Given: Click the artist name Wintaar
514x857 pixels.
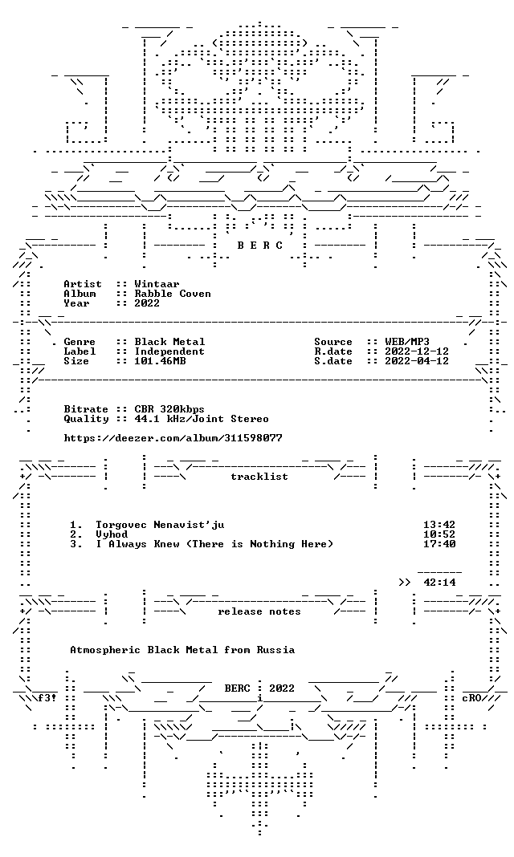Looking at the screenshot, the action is click(157, 284).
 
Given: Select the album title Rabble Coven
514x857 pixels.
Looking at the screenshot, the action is click(173, 294).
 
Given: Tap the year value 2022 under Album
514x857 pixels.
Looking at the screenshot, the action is click(147, 303).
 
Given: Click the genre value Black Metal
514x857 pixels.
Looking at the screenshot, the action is click(169, 342).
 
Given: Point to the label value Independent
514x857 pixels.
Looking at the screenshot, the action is click(169, 351).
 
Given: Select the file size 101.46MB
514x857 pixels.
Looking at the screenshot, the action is click(160, 361).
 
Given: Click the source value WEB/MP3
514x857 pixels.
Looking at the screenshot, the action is click(407, 342).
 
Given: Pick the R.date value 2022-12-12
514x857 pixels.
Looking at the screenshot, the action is click(417, 351).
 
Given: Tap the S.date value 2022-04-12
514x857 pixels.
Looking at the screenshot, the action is click(417, 361).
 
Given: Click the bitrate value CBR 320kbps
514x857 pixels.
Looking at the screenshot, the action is click(169, 409).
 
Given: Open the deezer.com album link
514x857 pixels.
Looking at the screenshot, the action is click(173, 438).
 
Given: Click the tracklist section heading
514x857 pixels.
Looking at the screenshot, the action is click(259, 477).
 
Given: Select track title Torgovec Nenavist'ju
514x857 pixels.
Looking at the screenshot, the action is click(160, 525).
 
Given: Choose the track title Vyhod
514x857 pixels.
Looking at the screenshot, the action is click(112, 534).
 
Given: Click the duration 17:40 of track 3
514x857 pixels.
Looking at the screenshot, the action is click(439, 544).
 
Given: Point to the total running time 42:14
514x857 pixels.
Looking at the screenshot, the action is click(439, 583).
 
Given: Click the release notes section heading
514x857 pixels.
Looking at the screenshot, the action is click(259, 611).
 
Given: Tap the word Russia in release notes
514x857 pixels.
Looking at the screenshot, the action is click(275, 650).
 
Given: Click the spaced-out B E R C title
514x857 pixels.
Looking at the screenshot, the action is click(259, 246).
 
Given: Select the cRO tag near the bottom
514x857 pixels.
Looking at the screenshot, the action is click(471, 698).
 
